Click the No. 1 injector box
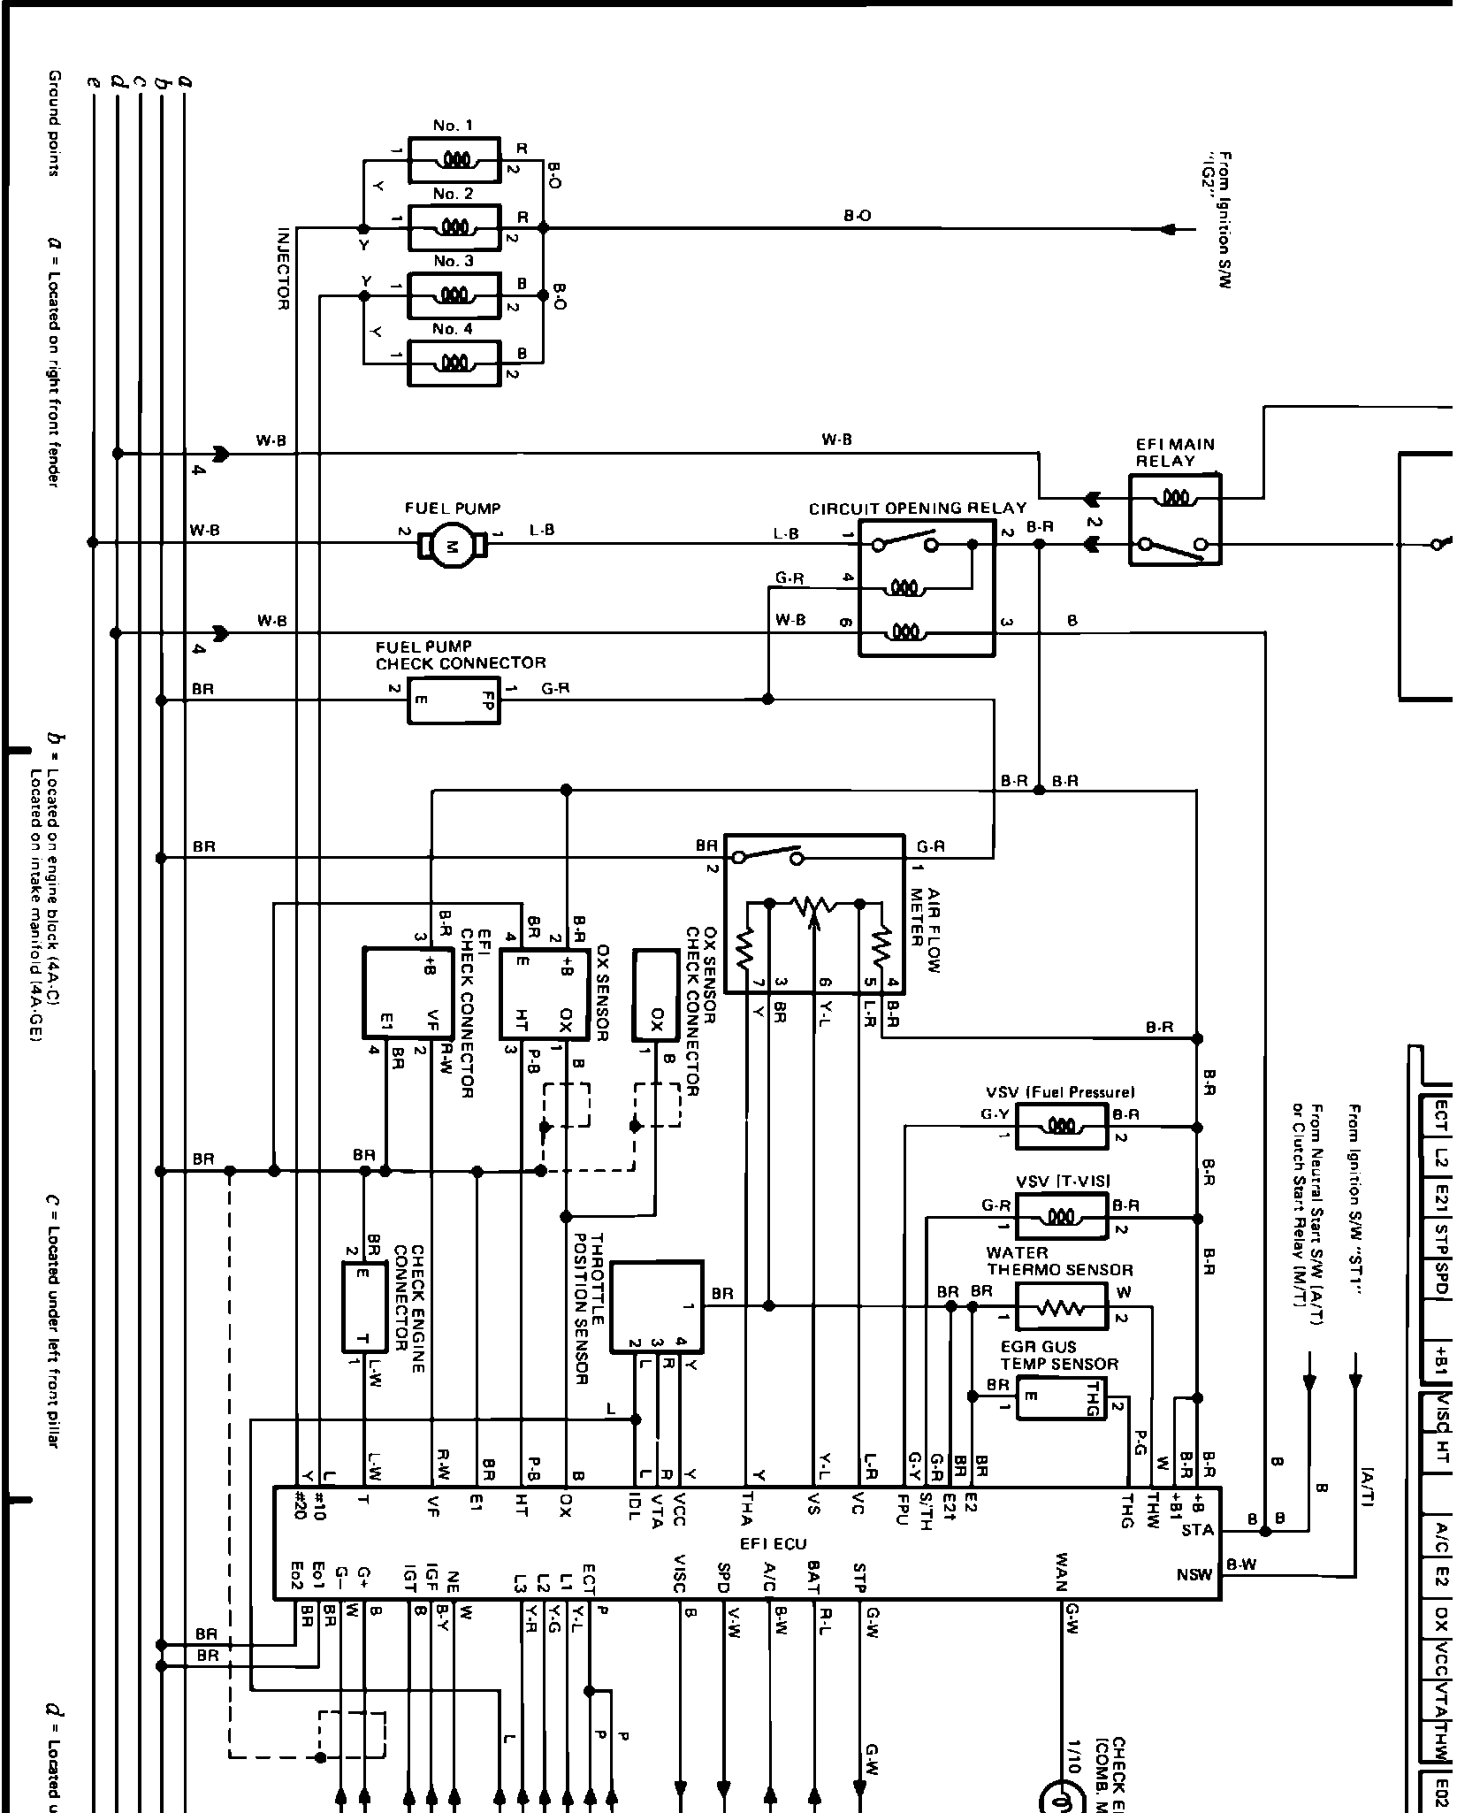pyautogui.click(x=454, y=160)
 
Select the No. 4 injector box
pyautogui.click(x=454, y=363)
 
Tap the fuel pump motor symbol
pyautogui.click(x=451, y=546)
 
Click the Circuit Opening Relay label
pyautogui.click(x=917, y=509)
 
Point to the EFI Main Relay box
pyautogui.click(x=1174, y=519)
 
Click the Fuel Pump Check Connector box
pyautogui.click(x=454, y=700)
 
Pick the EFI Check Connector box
pyautogui.click(x=408, y=993)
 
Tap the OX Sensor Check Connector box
pyautogui.click(x=656, y=995)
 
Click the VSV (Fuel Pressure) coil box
pyautogui.click(x=1061, y=1126)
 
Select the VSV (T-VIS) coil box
pyautogui.click(x=1061, y=1216)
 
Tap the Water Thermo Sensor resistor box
pyautogui.click(x=1061, y=1306)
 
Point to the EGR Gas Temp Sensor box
pyautogui.click(x=1061, y=1397)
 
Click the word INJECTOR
pyautogui.click(x=284, y=269)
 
